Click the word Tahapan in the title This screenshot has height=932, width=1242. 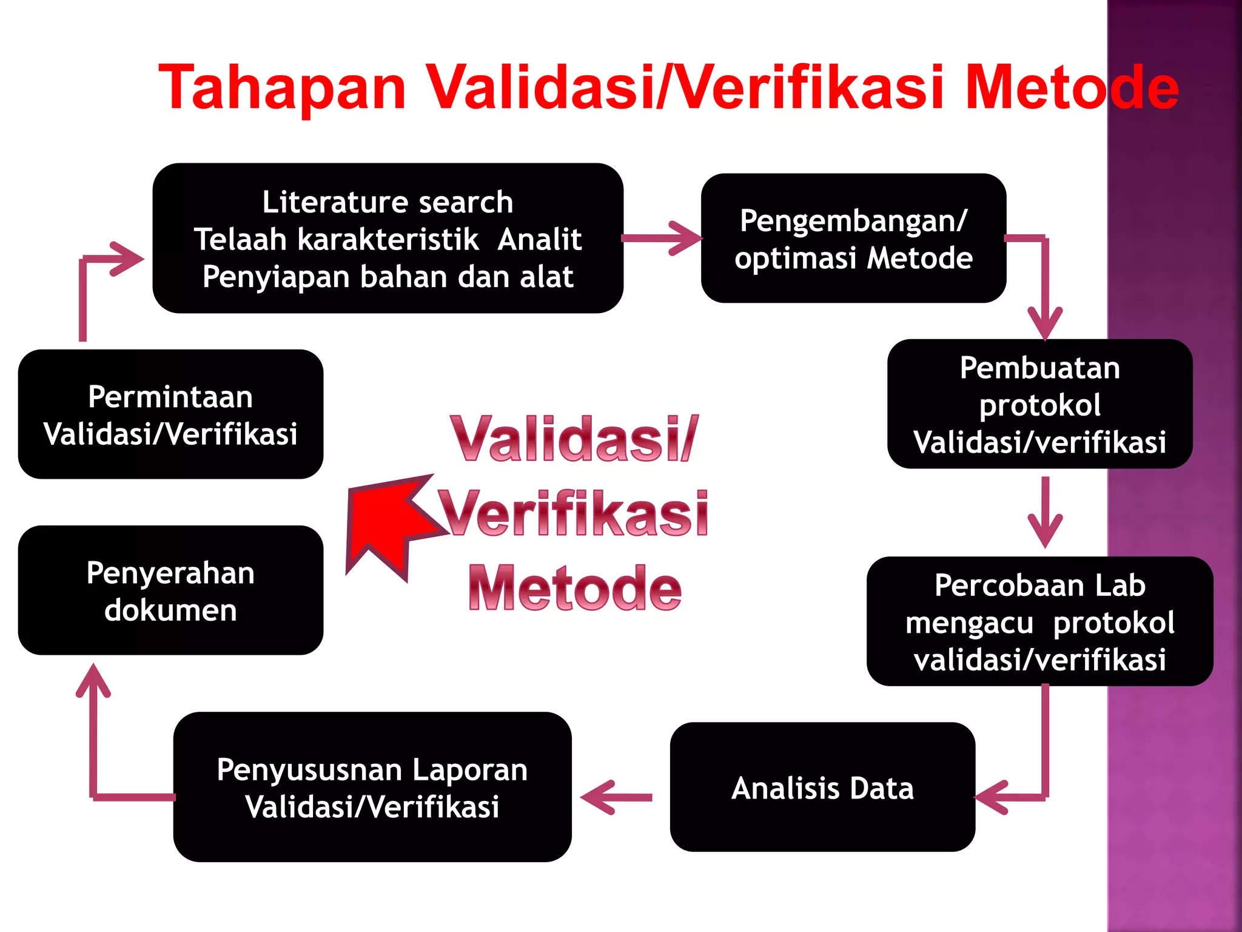tap(282, 88)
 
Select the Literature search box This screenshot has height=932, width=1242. tap(388, 238)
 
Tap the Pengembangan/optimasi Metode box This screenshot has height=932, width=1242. tap(853, 238)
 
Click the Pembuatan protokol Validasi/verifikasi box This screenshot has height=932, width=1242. tap(1039, 404)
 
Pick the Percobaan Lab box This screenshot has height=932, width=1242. tap(1039, 621)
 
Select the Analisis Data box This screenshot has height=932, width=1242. tap(822, 787)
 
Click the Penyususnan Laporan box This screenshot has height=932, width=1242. tap(372, 787)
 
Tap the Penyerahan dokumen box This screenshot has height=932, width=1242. tap(170, 590)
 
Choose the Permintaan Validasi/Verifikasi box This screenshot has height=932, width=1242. tap(170, 414)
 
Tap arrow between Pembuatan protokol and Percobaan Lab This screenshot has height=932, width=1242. tap(1045, 513)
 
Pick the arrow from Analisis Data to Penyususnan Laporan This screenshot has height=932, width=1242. tap(616, 797)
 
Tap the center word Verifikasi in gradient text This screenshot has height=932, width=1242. tap(573, 515)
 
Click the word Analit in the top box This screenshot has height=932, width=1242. tap(539, 239)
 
